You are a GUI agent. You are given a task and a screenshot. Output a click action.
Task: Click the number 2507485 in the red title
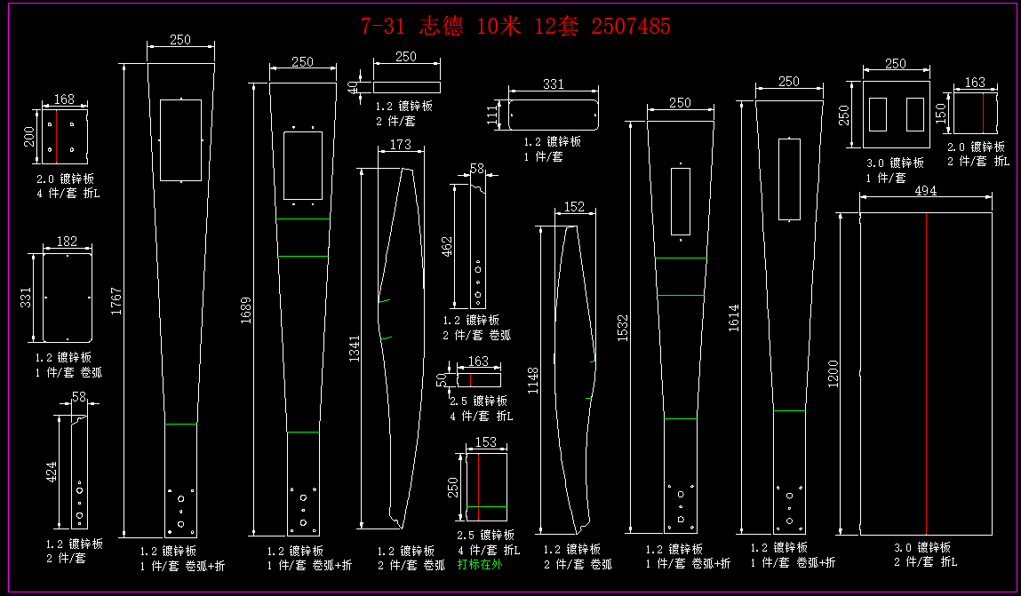[x=631, y=27]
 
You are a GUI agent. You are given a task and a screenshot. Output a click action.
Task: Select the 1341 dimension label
[x=354, y=348]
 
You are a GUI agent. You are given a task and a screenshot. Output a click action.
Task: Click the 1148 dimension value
[x=532, y=380]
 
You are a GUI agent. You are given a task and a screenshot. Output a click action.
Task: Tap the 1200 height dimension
[x=832, y=373]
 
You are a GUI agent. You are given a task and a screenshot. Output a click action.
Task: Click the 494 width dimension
[x=925, y=191]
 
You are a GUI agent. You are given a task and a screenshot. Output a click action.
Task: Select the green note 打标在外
[x=480, y=564]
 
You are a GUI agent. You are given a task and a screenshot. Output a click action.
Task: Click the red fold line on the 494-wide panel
[x=926, y=373]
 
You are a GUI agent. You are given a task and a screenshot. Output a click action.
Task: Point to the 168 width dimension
[x=64, y=99]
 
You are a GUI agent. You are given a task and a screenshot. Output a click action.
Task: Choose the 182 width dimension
[x=67, y=242]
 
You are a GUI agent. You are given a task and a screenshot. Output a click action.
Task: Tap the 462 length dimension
[x=446, y=245]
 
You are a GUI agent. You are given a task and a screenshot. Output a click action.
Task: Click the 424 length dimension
[x=52, y=472]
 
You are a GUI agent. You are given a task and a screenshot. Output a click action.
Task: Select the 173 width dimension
[x=401, y=144]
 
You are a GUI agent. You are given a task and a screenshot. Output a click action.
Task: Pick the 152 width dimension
[x=575, y=208]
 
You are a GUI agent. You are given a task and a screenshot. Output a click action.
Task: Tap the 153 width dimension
[x=486, y=441]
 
